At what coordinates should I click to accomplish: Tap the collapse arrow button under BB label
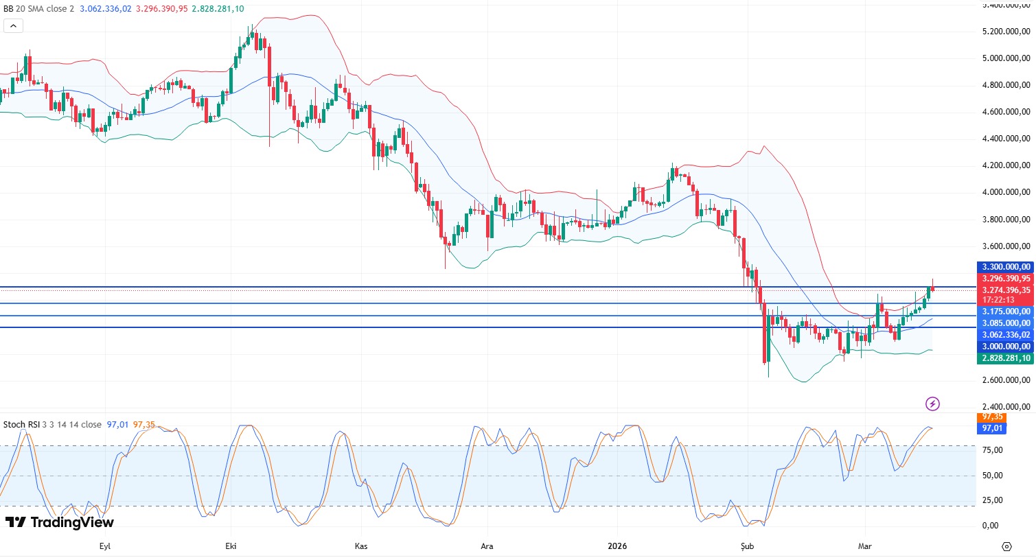(13, 26)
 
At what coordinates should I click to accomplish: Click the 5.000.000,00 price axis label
(1006, 58)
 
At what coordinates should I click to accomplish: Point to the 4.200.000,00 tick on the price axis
(1006, 165)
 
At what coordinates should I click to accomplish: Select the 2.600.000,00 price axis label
(1006, 380)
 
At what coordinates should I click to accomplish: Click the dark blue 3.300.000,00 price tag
(1006, 267)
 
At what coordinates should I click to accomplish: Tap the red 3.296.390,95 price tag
(1006, 279)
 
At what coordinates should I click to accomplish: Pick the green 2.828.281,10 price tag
(1006, 358)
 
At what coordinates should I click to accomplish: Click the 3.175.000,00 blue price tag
(1006, 312)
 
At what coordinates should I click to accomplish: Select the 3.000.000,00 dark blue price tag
(1006, 347)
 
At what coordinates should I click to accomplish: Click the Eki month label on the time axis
(231, 546)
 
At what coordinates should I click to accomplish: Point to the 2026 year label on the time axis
(617, 546)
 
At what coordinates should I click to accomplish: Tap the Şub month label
(747, 546)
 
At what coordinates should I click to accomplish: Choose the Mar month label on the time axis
(864, 546)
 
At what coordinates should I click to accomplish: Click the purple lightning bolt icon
(932, 404)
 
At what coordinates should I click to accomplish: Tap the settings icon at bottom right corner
(1006, 546)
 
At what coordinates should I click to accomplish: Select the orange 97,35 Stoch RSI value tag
(992, 417)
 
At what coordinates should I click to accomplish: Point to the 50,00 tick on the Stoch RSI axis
(992, 475)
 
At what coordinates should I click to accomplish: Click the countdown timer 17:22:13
(999, 300)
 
